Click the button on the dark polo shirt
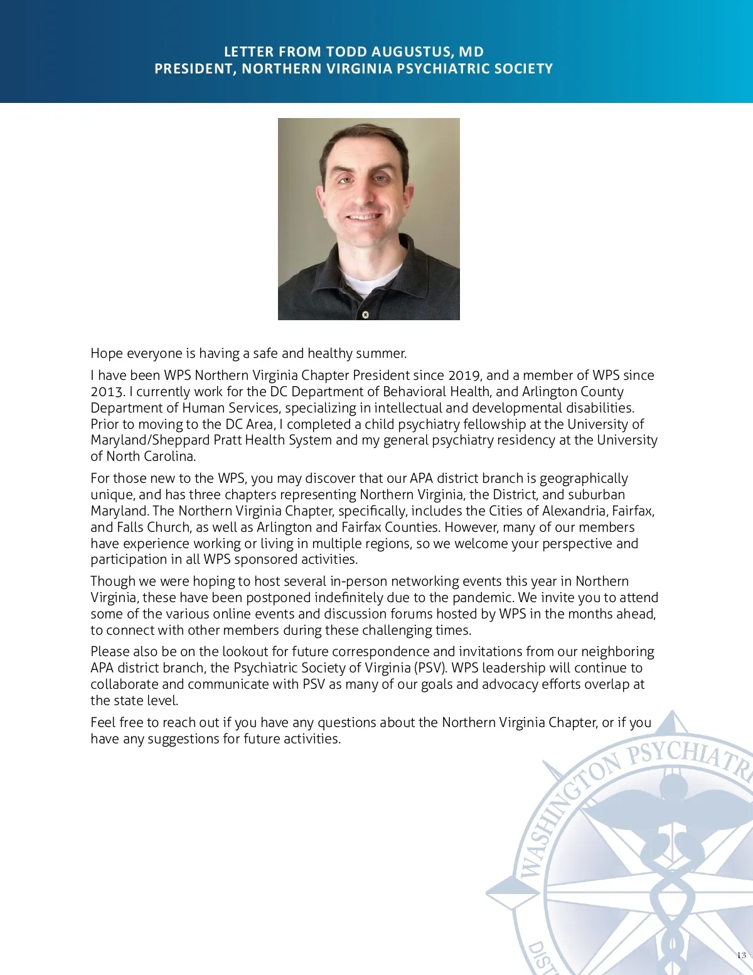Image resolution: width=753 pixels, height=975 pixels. point(365,313)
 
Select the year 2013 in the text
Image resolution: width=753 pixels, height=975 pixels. point(107,392)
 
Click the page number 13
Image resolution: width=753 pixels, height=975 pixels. point(741,955)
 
